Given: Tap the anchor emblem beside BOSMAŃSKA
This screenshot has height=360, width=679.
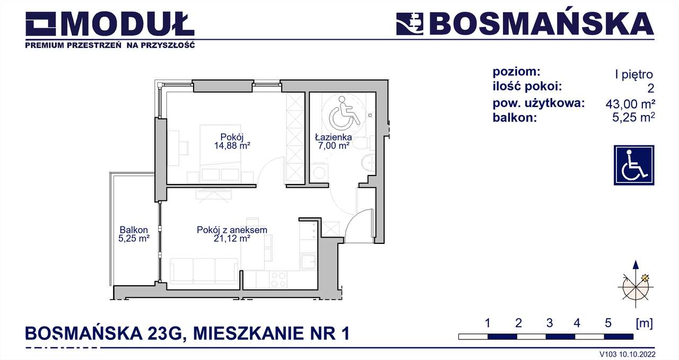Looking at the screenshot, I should (410, 24).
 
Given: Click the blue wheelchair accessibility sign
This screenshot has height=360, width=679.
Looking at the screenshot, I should (634, 165).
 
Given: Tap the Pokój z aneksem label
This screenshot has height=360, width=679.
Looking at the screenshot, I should (231, 230).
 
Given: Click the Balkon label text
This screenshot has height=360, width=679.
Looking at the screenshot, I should (134, 230).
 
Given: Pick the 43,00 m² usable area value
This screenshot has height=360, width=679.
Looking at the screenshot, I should (630, 104).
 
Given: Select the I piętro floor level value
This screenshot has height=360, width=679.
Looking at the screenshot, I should (633, 75).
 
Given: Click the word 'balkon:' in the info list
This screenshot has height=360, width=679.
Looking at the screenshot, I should (515, 118).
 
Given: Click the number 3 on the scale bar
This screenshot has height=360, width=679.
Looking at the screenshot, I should (549, 323).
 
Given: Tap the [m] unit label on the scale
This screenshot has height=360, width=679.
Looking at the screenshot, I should (644, 323).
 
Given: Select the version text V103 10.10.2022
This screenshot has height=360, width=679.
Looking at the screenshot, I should (627, 354).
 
